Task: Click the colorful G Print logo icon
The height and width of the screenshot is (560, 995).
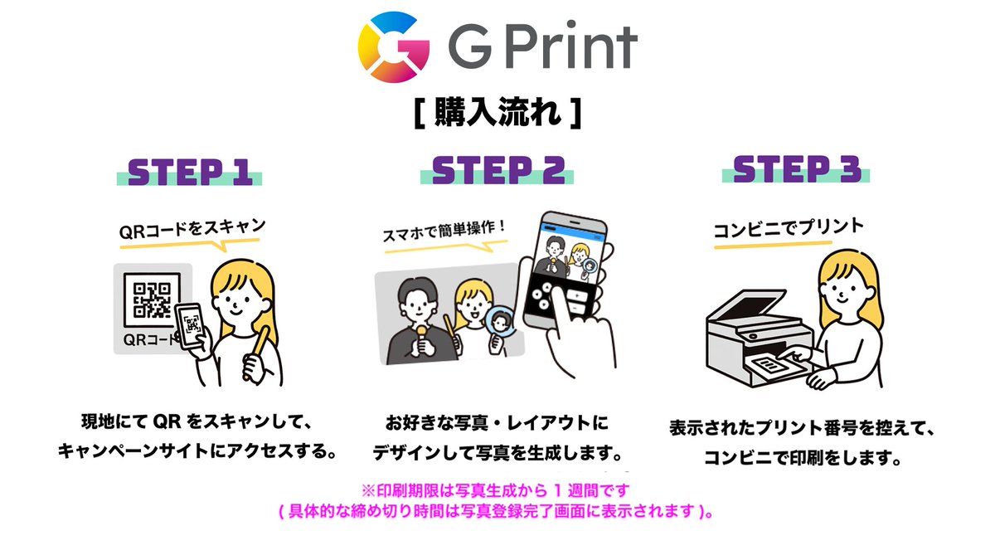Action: coord(394,48)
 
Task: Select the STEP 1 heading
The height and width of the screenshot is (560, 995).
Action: coord(190,172)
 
